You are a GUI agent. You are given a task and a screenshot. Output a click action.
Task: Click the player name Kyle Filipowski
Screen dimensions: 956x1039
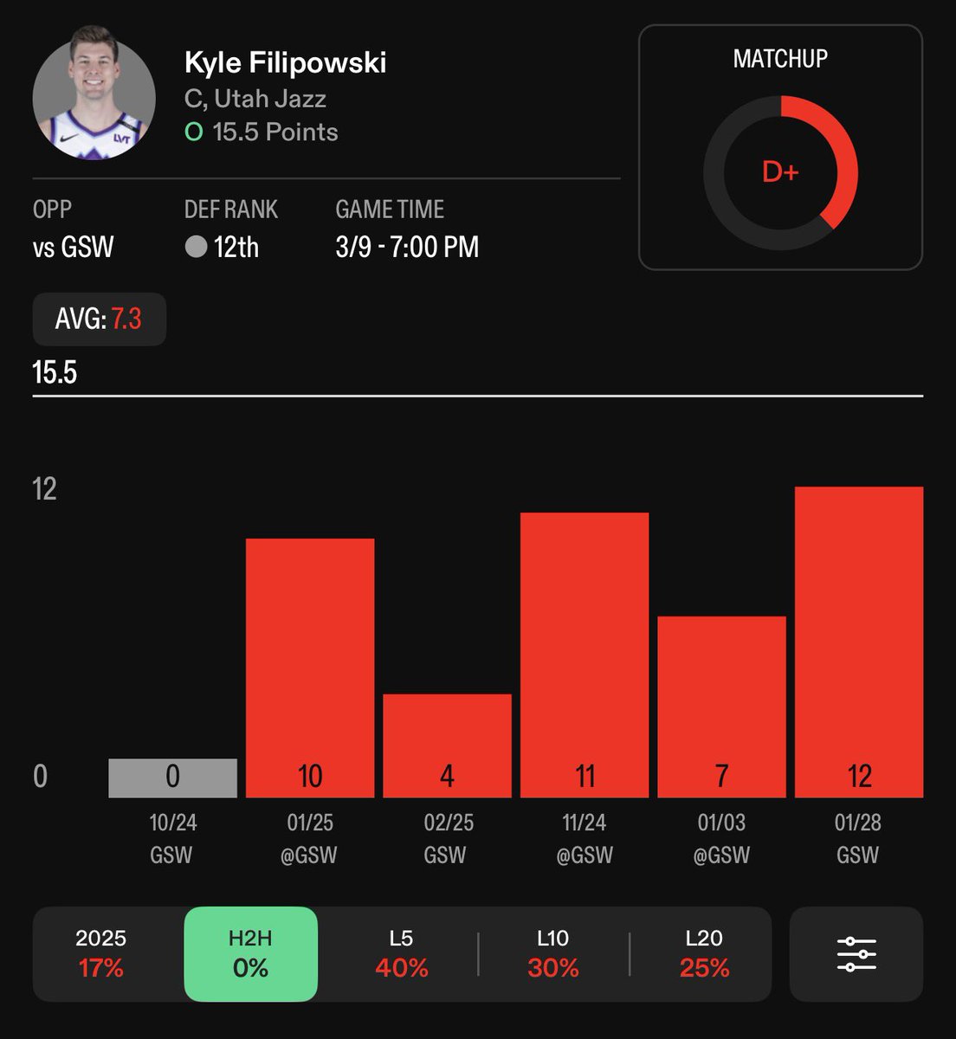(285, 63)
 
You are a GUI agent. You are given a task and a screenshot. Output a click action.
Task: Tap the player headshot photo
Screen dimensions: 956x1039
(94, 94)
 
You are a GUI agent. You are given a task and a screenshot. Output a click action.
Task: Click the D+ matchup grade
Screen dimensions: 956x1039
(780, 172)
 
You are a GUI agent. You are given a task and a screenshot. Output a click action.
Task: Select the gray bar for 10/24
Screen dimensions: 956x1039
(172, 778)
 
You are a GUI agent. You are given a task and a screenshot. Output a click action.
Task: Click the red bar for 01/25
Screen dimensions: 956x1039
(310, 668)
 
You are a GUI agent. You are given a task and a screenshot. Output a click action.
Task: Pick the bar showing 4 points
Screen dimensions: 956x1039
(447, 745)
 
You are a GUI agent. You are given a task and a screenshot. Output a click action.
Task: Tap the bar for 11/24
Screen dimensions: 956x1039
(585, 655)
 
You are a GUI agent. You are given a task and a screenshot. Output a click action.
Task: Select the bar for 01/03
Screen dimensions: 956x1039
(722, 707)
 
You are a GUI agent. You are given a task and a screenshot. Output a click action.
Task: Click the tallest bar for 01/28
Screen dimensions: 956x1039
(859, 642)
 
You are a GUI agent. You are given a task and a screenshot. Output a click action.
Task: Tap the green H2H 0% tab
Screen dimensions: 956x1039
(251, 954)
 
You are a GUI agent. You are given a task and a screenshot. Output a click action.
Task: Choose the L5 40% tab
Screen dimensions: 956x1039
(402, 954)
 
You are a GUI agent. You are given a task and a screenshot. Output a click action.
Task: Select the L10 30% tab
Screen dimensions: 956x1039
(552, 954)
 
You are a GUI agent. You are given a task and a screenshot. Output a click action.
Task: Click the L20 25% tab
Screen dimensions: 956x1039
(704, 954)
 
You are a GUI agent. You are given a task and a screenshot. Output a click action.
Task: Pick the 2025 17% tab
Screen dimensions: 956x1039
(101, 954)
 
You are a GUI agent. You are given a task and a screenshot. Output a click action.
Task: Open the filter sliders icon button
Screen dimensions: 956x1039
(856, 954)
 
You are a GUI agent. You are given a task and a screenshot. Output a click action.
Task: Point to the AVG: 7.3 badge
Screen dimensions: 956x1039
(100, 319)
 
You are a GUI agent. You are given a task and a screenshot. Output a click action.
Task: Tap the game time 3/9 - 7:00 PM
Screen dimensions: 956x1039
(407, 247)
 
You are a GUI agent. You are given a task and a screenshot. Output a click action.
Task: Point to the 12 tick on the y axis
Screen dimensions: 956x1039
(44, 489)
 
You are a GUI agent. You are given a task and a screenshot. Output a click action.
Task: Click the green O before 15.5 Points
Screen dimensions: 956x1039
(194, 132)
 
